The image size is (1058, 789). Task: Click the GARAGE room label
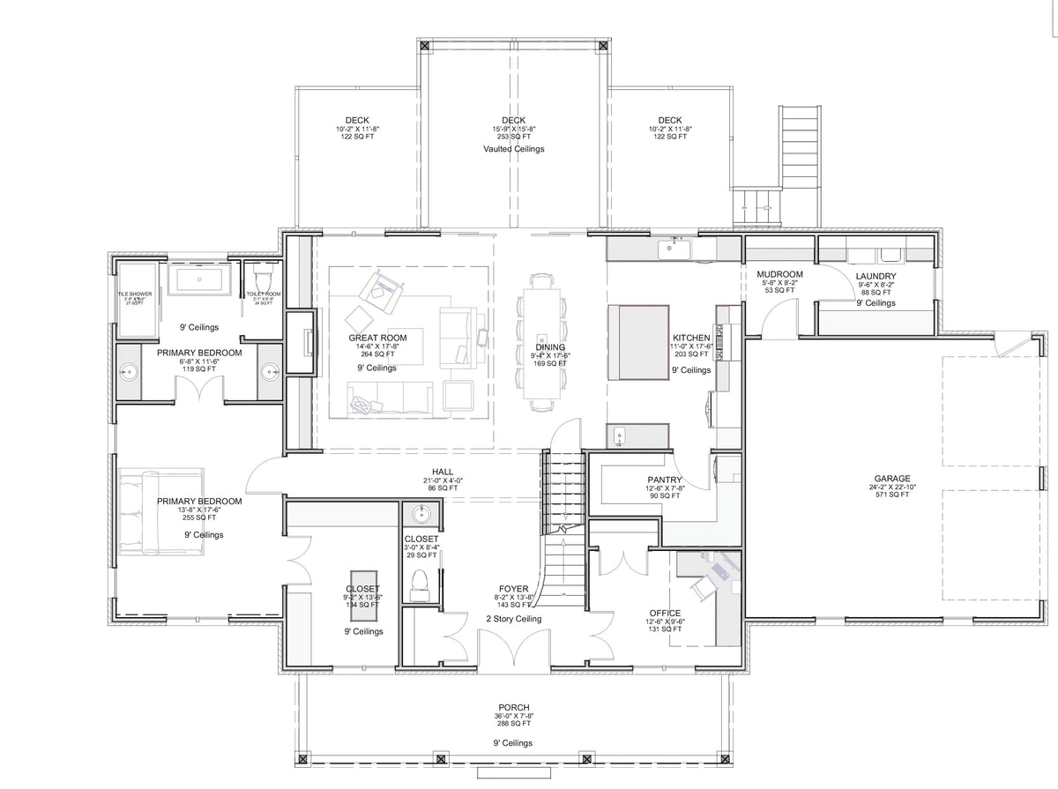[893, 479]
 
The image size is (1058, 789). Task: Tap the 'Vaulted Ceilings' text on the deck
[513, 149]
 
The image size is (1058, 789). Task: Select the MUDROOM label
[780, 274]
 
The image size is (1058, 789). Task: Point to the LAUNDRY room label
[875, 276]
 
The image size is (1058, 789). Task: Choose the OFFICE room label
[665, 613]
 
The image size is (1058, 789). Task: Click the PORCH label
[513, 707]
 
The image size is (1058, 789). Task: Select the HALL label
[443, 472]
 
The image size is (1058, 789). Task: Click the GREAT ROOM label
[377, 338]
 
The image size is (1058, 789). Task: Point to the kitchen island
[637, 342]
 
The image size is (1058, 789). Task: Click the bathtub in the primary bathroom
[199, 281]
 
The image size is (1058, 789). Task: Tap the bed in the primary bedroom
[160, 512]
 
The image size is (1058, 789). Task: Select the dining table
[542, 341]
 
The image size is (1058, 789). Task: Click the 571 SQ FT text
[893, 495]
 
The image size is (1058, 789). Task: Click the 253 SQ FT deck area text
[513, 137]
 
